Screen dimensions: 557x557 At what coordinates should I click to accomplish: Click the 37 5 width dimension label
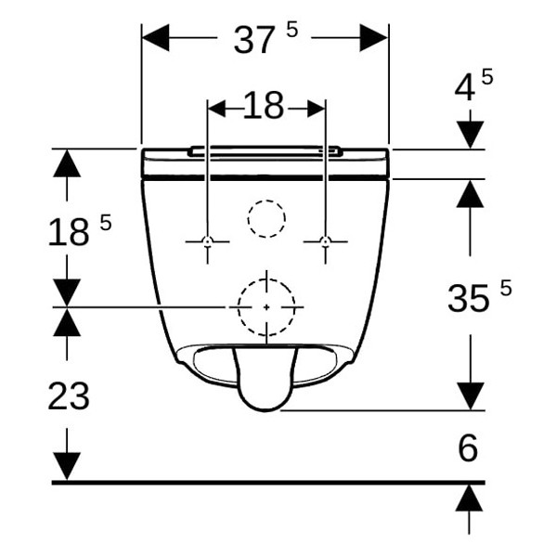[x=266, y=39]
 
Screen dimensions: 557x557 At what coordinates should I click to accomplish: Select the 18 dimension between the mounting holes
[x=264, y=105]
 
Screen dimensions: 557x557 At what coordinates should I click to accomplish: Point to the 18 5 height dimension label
[x=80, y=230]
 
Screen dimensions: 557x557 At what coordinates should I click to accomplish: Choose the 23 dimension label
[x=69, y=395]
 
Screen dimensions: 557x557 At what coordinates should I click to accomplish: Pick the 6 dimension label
[x=468, y=447]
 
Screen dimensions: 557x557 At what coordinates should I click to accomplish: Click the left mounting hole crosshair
[x=207, y=242]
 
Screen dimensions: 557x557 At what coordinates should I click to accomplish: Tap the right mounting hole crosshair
[x=325, y=242]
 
